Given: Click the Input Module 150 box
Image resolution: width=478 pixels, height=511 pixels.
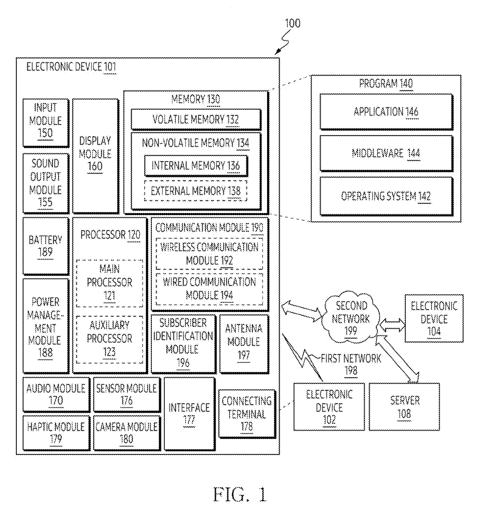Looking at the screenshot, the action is [46, 123].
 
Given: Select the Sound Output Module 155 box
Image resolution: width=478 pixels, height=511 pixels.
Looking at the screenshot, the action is [46, 183].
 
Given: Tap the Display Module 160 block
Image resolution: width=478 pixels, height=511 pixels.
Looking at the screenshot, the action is [96, 156].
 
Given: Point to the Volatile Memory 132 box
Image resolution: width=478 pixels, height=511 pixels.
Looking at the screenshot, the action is [196, 119].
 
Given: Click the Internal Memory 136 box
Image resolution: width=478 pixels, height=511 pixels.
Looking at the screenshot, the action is [196, 165].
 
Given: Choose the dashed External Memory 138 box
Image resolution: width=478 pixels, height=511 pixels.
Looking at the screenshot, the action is [196, 191].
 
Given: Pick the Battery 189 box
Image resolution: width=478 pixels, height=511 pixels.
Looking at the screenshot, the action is [46, 246].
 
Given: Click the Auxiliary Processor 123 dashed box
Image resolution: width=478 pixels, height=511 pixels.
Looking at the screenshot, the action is [110, 339].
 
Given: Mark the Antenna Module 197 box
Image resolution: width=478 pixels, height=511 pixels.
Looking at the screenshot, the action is [244, 344].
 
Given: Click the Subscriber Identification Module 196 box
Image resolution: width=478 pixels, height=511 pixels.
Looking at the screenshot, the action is [183, 344].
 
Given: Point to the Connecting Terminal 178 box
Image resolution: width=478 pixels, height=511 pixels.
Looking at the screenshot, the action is [247, 414].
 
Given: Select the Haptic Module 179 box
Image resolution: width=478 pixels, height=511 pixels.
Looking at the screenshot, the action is [56, 433].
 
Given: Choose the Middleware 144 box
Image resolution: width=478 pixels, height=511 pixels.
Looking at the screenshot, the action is [386, 153].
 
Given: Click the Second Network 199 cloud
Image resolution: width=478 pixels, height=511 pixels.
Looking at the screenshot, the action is [351, 317].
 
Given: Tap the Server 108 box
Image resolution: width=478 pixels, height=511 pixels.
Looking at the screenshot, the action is [404, 407].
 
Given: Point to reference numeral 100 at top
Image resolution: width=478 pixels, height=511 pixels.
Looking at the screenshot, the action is [293, 23].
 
